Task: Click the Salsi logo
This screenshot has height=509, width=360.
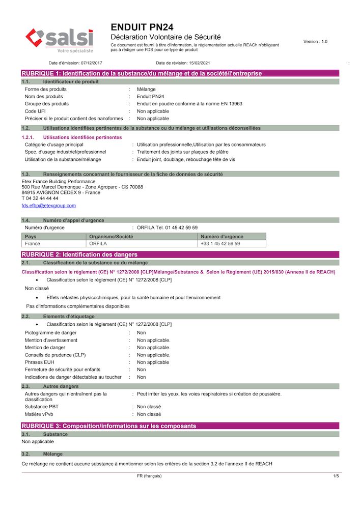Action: click(x=60, y=40)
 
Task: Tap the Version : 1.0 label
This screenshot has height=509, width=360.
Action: click(x=315, y=41)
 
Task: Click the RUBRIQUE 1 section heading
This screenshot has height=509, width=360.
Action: click(x=142, y=74)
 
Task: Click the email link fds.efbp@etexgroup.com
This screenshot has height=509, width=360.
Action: click(x=49, y=206)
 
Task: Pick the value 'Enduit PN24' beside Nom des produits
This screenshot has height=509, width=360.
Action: click(x=151, y=96)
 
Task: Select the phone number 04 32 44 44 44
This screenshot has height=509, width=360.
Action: click(x=43, y=199)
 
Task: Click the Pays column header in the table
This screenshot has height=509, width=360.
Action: click(x=31, y=237)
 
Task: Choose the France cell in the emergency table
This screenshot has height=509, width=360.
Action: click(x=33, y=244)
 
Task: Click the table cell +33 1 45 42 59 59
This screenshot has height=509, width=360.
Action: click(x=220, y=244)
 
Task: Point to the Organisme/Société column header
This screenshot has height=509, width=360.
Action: click(x=111, y=237)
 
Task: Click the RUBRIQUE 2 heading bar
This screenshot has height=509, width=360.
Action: click(x=79, y=254)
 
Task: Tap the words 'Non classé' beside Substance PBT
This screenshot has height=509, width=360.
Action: click(x=149, y=407)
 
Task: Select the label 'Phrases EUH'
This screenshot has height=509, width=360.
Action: click(x=40, y=362)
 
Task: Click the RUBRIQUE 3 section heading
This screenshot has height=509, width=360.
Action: click(x=108, y=426)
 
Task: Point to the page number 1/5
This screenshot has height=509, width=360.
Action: click(x=336, y=476)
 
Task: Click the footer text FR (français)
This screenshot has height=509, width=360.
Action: click(x=149, y=476)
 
